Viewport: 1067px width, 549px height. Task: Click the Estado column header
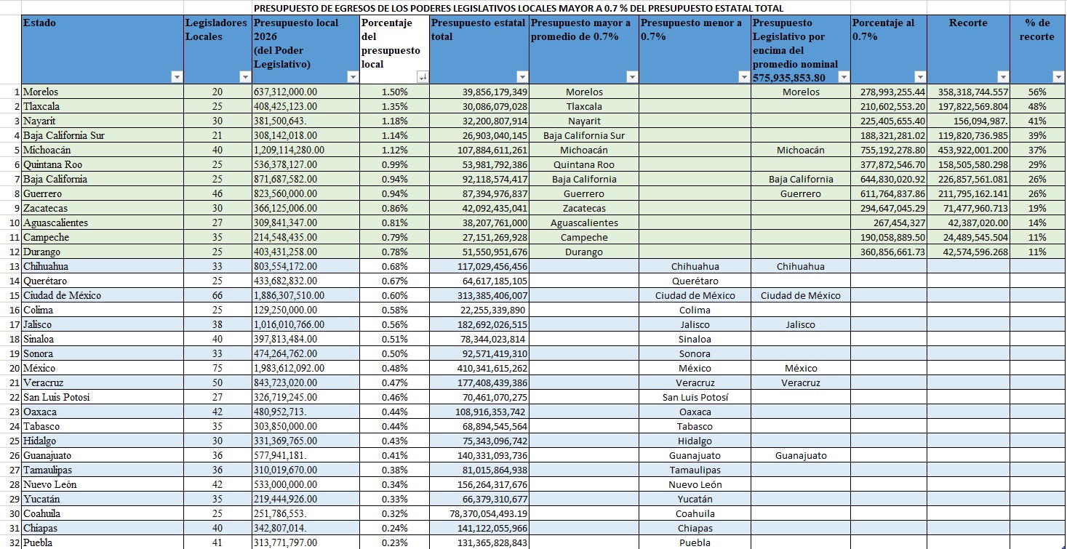point(39,23)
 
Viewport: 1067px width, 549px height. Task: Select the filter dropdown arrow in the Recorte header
point(1003,77)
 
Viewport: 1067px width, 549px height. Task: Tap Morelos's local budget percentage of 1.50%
point(394,92)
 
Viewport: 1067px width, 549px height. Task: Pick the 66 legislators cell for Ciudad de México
point(216,296)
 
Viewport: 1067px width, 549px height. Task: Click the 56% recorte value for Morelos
point(1037,92)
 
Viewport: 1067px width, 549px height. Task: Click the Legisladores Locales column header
point(216,29)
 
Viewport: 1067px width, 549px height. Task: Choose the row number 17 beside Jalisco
point(15,325)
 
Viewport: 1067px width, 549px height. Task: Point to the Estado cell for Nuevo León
point(49,485)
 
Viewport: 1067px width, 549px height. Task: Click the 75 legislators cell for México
point(216,369)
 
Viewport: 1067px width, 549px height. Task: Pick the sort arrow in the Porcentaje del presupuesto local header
point(422,77)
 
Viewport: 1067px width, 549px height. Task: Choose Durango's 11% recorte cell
point(1037,252)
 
